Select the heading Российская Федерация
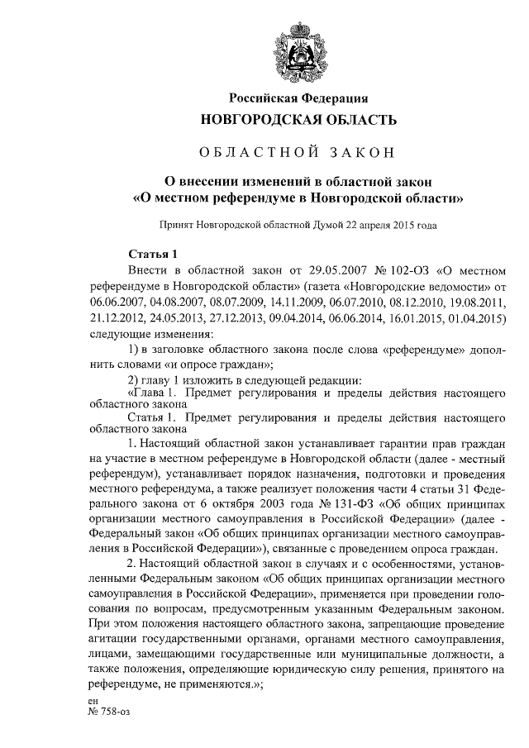click(293, 98)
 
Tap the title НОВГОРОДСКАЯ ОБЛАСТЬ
click(293, 120)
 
